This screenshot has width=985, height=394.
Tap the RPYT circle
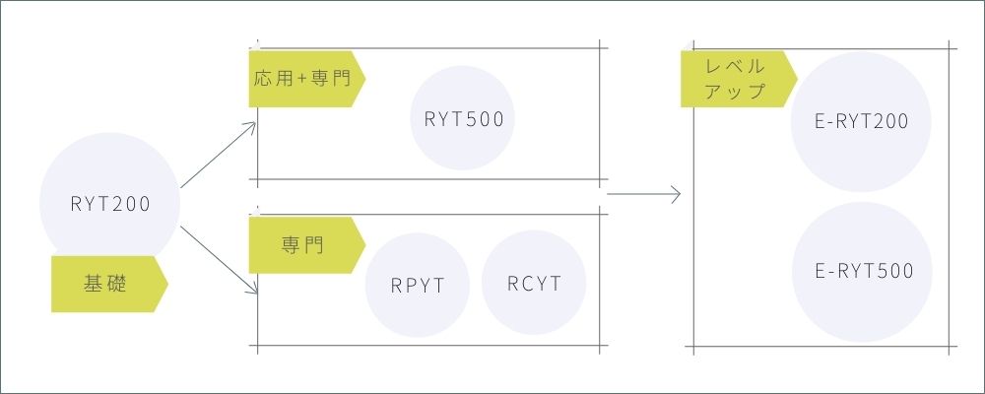418,287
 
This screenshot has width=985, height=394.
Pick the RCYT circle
534,284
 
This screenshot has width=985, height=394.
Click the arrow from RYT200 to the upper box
219,156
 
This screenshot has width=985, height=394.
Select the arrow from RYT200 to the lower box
219,260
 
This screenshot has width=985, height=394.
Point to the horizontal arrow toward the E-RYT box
644,195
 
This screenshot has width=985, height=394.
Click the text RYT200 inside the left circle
109,205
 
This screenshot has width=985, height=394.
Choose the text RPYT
418,287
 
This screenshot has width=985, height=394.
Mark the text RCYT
534,284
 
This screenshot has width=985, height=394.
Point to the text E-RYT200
863,121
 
